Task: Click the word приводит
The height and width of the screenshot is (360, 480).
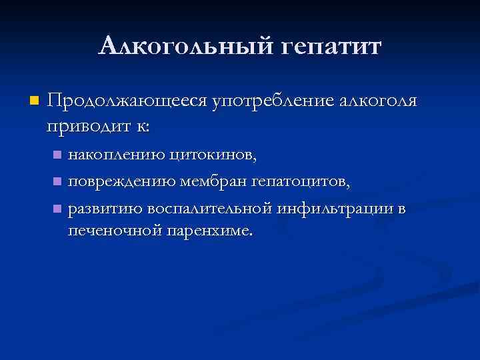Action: (84, 125)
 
